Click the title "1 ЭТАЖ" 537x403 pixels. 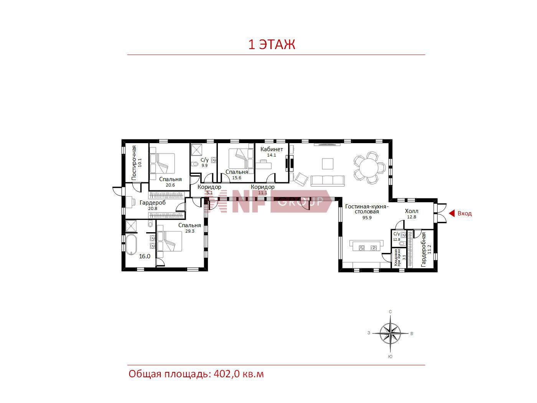pyautogui.click(x=272, y=45)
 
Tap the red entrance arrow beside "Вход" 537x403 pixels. pyautogui.click(x=451, y=213)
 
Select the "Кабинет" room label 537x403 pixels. pyautogui.click(x=272, y=149)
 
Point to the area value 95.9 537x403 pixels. pyautogui.click(x=367, y=218)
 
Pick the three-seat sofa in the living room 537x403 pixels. pyautogui.click(x=328, y=180)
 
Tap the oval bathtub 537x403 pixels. pyautogui.click(x=132, y=245)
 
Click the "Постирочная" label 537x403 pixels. pyautogui.click(x=134, y=163)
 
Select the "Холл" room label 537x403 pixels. pyautogui.click(x=412, y=211)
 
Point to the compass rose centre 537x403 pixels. pyautogui.click(x=390, y=333)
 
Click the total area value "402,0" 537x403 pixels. pyautogui.click(x=227, y=374)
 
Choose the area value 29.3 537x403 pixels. pyautogui.click(x=189, y=231)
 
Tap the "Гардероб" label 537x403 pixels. pyautogui.click(x=152, y=203)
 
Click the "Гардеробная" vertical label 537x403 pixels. pyautogui.click(x=423, y=249)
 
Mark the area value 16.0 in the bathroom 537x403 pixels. pyautogui.click(x=145, y=256)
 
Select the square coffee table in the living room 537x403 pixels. pyautogui.click(x=328, y=164)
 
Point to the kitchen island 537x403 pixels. pyautogui.click(x=366, y=246)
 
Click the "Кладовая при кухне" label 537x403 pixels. pyautogui.click(x=397, y=258)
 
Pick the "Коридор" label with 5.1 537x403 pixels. pyautogui.click(x=209, y=187)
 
